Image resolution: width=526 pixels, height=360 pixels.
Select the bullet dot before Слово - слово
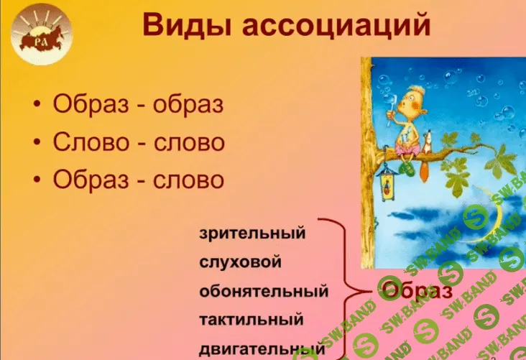[37, 142]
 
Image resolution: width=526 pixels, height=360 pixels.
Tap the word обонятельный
[264, 292]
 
